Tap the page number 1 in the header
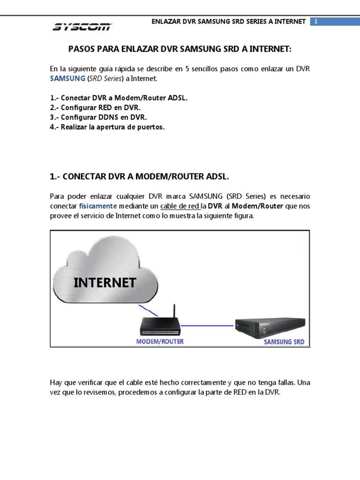click(316, 22)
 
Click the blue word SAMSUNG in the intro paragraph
click(67, 78)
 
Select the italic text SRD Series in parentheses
click(105, 78)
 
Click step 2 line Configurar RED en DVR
click(95, 107)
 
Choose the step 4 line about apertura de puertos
click(107, 127)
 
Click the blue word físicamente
click(98, 206)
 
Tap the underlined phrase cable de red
click(180, 206)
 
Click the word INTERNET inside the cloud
click(105, 283)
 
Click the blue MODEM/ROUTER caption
click(160, 341)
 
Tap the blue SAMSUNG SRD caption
click(284, 342)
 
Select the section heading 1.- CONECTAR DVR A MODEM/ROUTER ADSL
click(139, 176)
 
